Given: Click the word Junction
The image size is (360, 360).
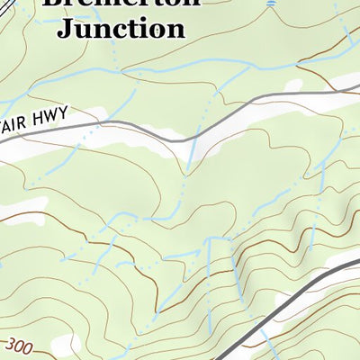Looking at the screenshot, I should [x=121, y=28].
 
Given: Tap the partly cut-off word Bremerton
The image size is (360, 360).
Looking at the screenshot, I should [x=121, y=4].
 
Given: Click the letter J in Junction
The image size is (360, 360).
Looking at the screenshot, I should [x=65, y=28].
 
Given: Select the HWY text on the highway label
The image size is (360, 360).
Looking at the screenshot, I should [x=78, y=117].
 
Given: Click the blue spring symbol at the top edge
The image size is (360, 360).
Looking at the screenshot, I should [x=272, y=4].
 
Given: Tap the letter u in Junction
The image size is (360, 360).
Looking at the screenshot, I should [x=81, y=29].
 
